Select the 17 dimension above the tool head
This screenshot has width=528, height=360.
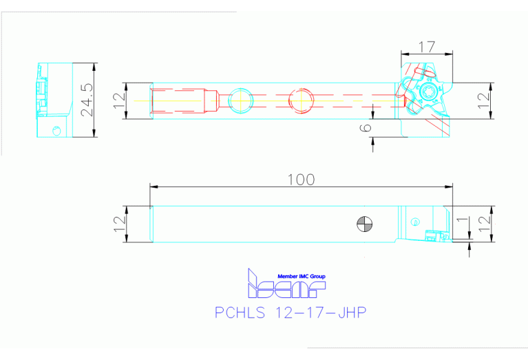tap(427, 47)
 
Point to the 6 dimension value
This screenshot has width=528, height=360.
tap(366, 126)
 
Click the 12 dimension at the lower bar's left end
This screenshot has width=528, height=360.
tap(118, 224)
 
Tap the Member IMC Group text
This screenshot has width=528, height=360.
tap(301, 276)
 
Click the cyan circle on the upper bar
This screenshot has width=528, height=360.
tap(241, 100)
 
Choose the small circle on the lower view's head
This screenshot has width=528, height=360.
tap(414, 222)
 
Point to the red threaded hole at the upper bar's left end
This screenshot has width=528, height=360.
tap(184, 100)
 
